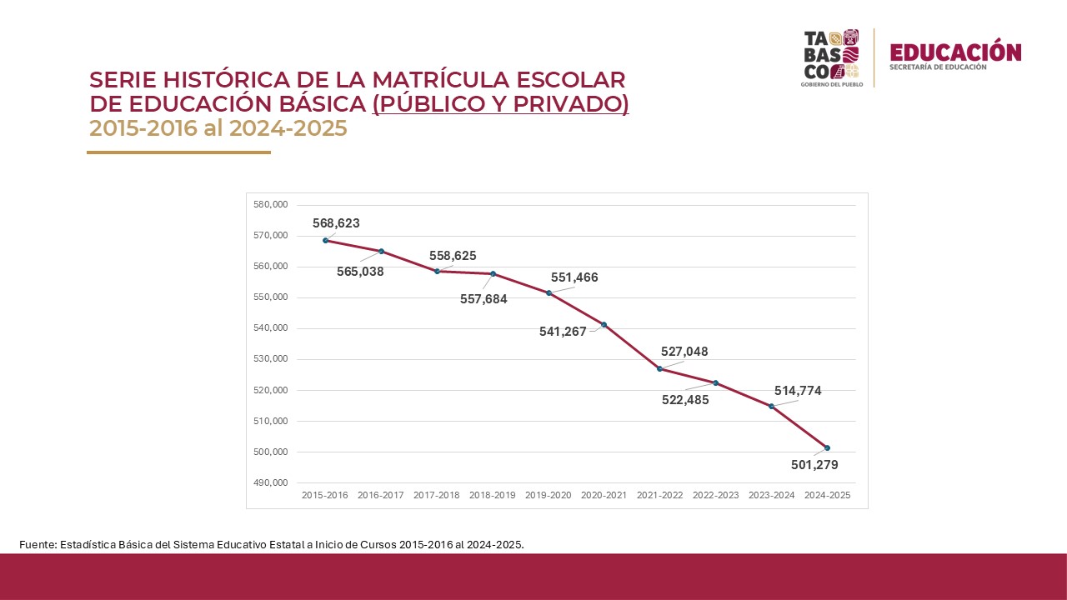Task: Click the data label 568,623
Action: point(336,223)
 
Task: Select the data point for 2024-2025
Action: point(827,448)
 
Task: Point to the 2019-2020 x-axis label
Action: point(548,495)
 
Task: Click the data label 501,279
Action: point(814,465)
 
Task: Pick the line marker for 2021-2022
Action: point(659,369)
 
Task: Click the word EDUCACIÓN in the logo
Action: point(955,52)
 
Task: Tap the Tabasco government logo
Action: point(830,57)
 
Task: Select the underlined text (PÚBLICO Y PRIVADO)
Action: point(500,104)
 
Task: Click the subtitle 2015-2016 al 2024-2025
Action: point(218,129)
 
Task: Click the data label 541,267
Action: point(563,332)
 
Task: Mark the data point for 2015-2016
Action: point(325,241)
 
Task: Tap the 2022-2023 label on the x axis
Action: point(715,495)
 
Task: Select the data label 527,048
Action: point(684,352)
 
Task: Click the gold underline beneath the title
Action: point(178,152)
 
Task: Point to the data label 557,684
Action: point(483,298)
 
